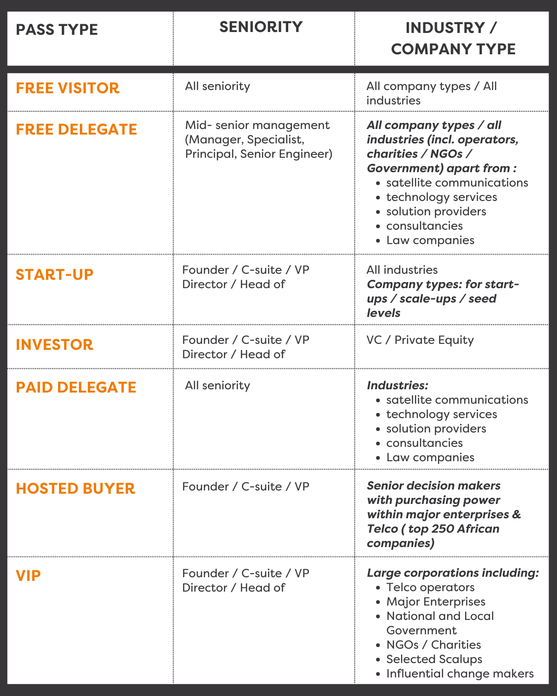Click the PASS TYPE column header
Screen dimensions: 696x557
click(57, 30)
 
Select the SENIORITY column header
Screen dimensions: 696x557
click(261, 27)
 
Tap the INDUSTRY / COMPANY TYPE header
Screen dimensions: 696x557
click(453, 38)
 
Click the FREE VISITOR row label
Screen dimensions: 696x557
click(67, 88)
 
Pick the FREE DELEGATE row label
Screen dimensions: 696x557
click(76, 129)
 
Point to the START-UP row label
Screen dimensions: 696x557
click(54, 274)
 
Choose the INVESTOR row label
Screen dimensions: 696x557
click(54, 344)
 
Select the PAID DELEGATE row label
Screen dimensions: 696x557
click(76, 387)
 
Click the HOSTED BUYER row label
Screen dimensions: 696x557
click(75, 488)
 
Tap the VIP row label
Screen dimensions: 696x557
click(28, 575)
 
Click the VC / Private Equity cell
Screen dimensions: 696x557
click(420, 340)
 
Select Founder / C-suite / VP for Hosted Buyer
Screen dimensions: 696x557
click(246, 486)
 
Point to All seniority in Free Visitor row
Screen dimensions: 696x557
click(217, 86)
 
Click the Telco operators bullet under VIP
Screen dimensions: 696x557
click(430, 587)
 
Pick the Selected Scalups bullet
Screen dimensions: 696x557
click(434, 659)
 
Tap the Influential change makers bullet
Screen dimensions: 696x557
click(460, 673)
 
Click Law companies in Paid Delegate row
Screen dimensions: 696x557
click(430, 457)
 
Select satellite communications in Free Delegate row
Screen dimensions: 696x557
click(457, 182)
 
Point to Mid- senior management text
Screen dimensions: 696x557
click(257, 125)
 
